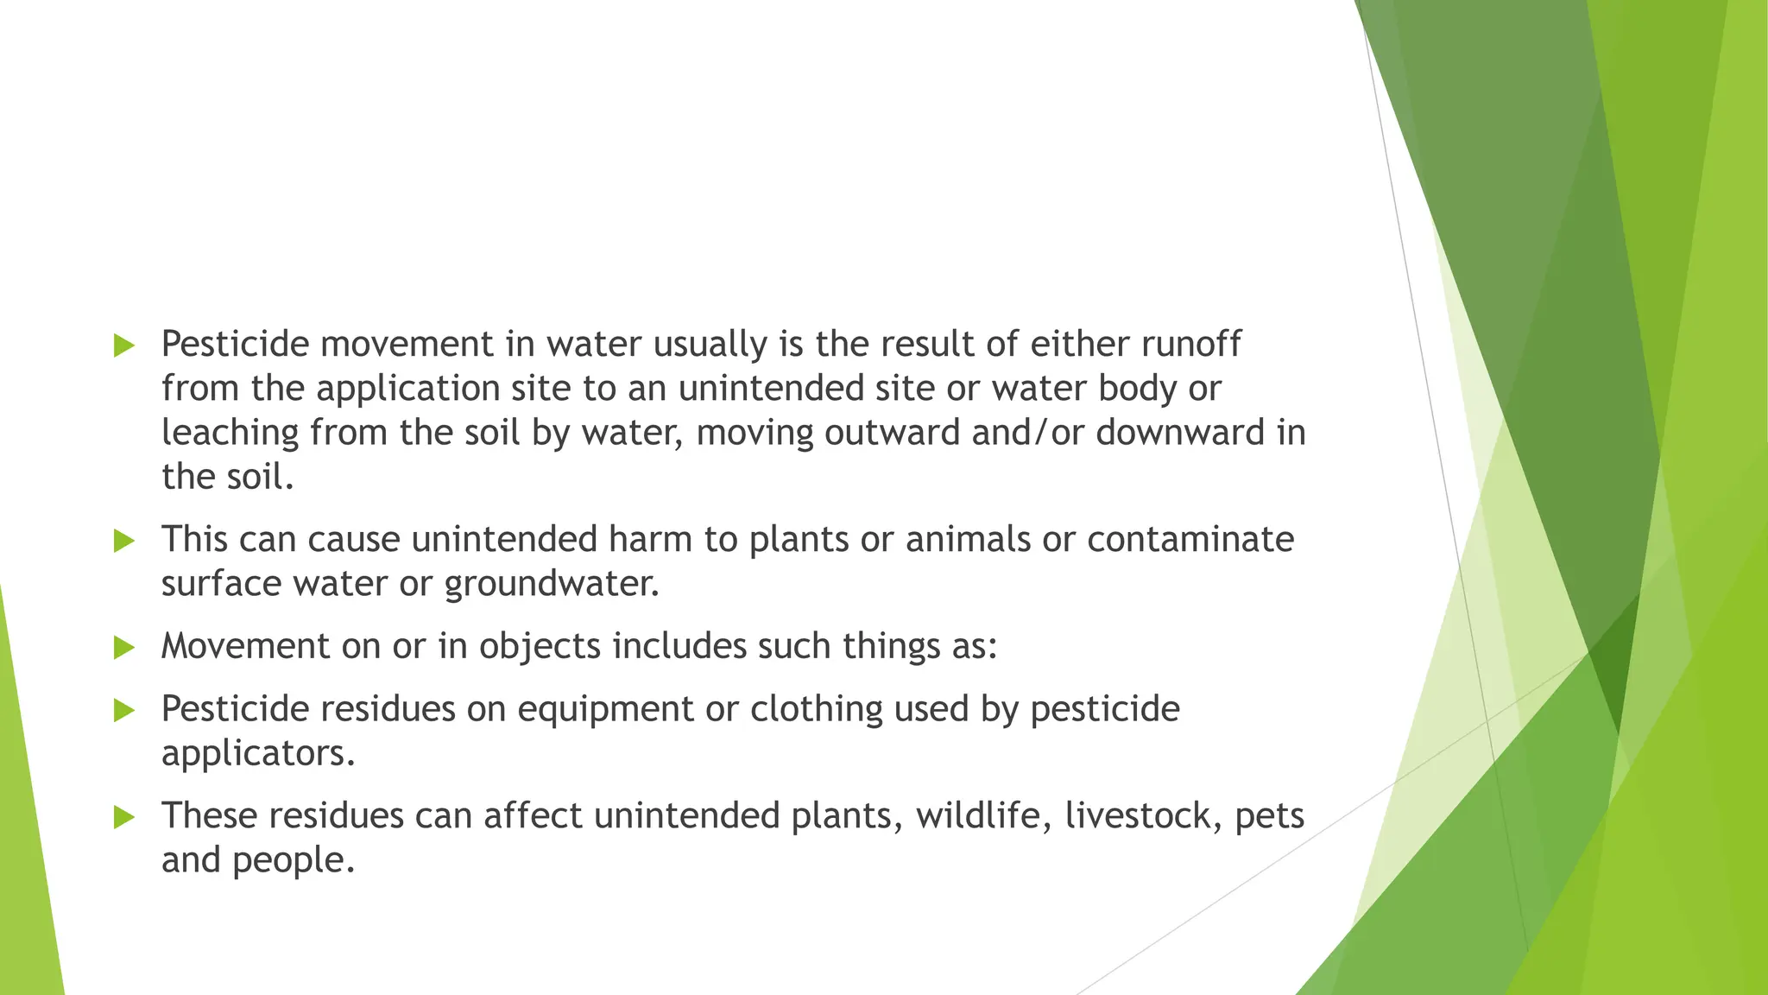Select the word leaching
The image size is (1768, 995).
pyautogui.click(x=230, y=433)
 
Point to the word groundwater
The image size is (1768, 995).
pyautogui.click(x=552, y=584)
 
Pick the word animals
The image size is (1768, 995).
pyautogui.click(x=967, y=540)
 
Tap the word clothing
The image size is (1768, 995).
pyautogui.click(x=816, y=710)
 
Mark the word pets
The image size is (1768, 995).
pyautogui.click(x=1269, y=816)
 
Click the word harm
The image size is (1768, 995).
pyautogui.click(x=650, y=540)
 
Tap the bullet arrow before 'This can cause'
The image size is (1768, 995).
pyautogui.click(x=124, y=542)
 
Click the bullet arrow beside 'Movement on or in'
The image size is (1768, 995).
pyautogui.click(x=124, y=648)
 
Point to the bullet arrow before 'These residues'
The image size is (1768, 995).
pyautogui.click(x=124, y=817)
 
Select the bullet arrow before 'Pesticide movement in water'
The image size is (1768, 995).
pyautogui.click(x=124, y=346)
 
